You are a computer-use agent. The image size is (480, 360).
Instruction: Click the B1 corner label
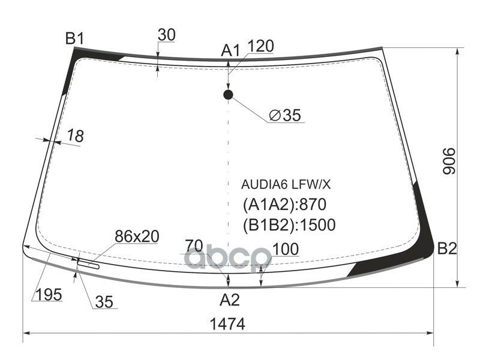74,40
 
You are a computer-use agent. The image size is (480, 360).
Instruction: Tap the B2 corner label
448,248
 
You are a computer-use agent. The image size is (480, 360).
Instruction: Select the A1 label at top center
230,51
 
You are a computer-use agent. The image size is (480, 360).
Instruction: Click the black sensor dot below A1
228,94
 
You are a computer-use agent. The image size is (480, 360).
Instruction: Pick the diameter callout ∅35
284,116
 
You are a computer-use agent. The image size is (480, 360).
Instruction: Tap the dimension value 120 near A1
260,47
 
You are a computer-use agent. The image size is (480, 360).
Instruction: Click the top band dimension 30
166,35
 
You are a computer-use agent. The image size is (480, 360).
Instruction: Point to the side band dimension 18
75,136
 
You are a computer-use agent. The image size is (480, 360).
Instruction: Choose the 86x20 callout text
137,237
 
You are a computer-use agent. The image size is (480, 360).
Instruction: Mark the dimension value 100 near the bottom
286,249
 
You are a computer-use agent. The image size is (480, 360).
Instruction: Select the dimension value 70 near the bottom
193,245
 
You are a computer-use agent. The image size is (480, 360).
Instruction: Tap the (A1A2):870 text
284,205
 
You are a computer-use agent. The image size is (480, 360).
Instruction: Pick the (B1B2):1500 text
289,225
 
